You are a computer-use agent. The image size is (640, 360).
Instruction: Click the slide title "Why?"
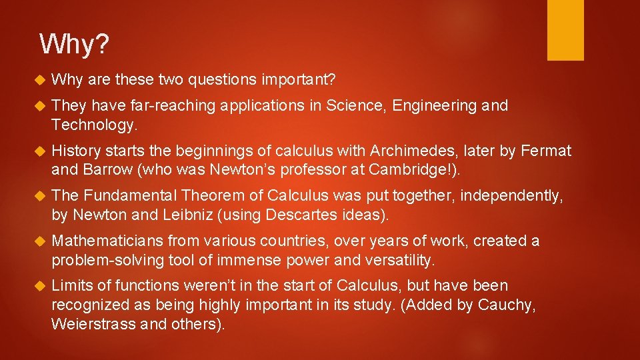coord(74,45)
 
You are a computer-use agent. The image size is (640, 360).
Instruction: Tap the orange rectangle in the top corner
coord(565,30)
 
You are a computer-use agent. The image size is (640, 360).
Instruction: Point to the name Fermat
coord(547,151)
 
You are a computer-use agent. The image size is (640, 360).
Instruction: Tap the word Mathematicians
coord(107,241)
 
